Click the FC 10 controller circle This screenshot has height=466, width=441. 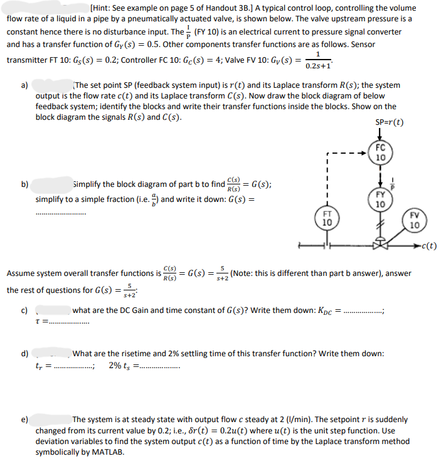(381, 153)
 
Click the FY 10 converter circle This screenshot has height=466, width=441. (381, 200)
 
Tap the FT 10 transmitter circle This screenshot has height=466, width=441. (327, 218)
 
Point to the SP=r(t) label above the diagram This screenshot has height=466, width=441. (389, 122)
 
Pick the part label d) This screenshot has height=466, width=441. (25, 354)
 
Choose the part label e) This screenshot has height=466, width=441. (25, 420)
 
